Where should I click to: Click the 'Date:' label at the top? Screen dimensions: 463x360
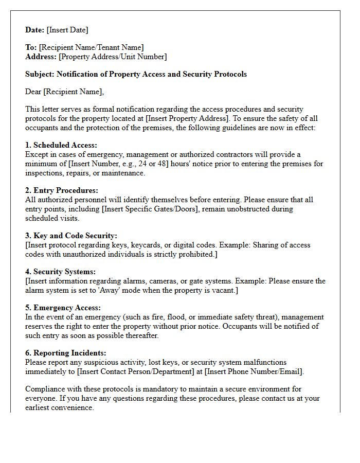[35, 30]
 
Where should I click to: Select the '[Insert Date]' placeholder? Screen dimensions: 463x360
[67, 30]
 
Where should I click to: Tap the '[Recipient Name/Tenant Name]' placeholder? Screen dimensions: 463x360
[91, 47]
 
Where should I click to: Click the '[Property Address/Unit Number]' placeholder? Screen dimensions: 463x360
[113, 57]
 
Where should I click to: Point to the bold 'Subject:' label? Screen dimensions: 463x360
[40, 74]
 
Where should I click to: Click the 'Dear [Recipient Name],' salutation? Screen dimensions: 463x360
[64, 92]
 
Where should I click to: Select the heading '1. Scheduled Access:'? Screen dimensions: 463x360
[61, 146]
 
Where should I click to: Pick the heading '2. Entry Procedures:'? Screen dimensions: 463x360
[62, 190]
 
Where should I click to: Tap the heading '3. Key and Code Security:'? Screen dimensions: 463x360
[71, 236]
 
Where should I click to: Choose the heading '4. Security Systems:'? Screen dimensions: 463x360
[61, 272]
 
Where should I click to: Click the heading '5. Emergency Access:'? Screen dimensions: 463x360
[64, 308]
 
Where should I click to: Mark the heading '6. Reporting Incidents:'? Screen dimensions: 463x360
[66, 353]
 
